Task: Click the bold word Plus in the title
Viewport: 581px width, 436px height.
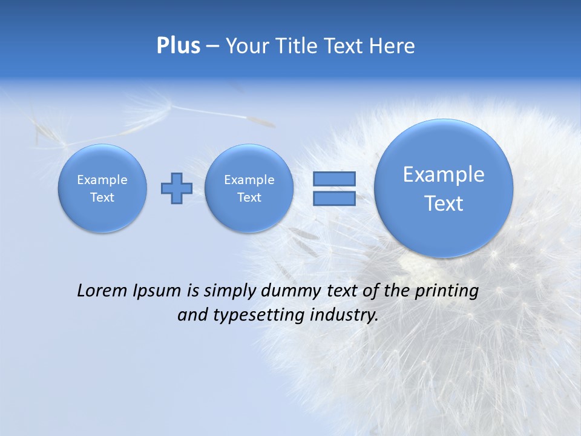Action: [178, 46]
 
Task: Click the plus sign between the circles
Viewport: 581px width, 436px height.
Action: [177, 188]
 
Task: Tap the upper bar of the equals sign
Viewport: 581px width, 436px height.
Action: [334, 179]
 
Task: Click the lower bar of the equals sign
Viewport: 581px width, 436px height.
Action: [334, 198]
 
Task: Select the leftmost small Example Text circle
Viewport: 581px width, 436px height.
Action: [102, 188]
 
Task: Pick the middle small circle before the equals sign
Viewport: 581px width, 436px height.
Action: [249, 188]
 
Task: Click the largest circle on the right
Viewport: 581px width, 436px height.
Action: [444, 188]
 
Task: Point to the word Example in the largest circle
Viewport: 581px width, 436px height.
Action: [444, 174]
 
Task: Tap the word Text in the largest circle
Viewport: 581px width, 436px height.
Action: [444, 203]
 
